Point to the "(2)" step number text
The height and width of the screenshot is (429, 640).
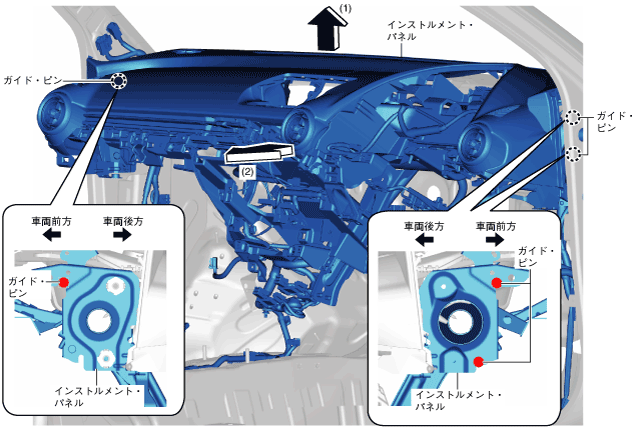(x=247, y=171)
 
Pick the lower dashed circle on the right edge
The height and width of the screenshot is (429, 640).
(x=573, y=153)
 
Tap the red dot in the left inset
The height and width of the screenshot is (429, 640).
(x=63, y=283)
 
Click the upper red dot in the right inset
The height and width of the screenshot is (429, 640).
(x=496, y=283)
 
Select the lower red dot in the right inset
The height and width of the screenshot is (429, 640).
(x=479, y=361)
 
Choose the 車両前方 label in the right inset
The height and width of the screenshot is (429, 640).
(x=496, y=227)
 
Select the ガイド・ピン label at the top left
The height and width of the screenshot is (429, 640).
(x=29, y=79)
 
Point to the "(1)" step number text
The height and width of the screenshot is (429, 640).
(x=345, y=9)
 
